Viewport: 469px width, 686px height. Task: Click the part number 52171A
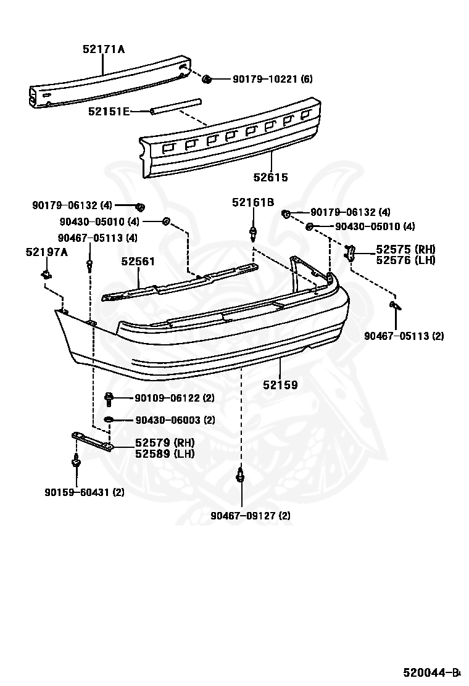(x=104, y=49)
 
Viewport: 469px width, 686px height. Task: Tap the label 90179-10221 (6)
(x=273, y=79)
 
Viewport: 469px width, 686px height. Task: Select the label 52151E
(x=109, y=112)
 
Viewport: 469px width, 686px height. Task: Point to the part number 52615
(x=271, y=177)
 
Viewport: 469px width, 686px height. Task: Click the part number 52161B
(x=253, y=202)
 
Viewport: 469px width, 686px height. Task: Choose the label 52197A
(x=47, y=252)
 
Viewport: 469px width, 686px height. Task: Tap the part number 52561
(x=138, y=261)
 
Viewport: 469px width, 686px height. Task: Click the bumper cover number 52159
(x=280, y=385)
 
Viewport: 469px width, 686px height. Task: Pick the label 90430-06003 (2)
(x=175, y=420)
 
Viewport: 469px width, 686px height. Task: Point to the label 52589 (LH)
(x=165, y=453)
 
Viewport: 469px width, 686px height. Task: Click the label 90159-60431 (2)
(x=85, y=492)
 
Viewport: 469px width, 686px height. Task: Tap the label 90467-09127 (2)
(x=251, y=516)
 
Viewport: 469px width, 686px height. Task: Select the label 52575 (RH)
(x=406, y=249)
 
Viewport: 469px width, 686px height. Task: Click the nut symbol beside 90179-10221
(x=207, y=79)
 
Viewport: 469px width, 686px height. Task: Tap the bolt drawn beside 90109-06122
(x=109, y=399)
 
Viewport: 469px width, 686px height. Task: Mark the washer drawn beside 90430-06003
(x=109, y=420)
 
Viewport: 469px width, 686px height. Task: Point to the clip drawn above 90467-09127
(x=240, y=474)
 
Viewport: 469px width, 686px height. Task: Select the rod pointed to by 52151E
(x=175, y=107)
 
